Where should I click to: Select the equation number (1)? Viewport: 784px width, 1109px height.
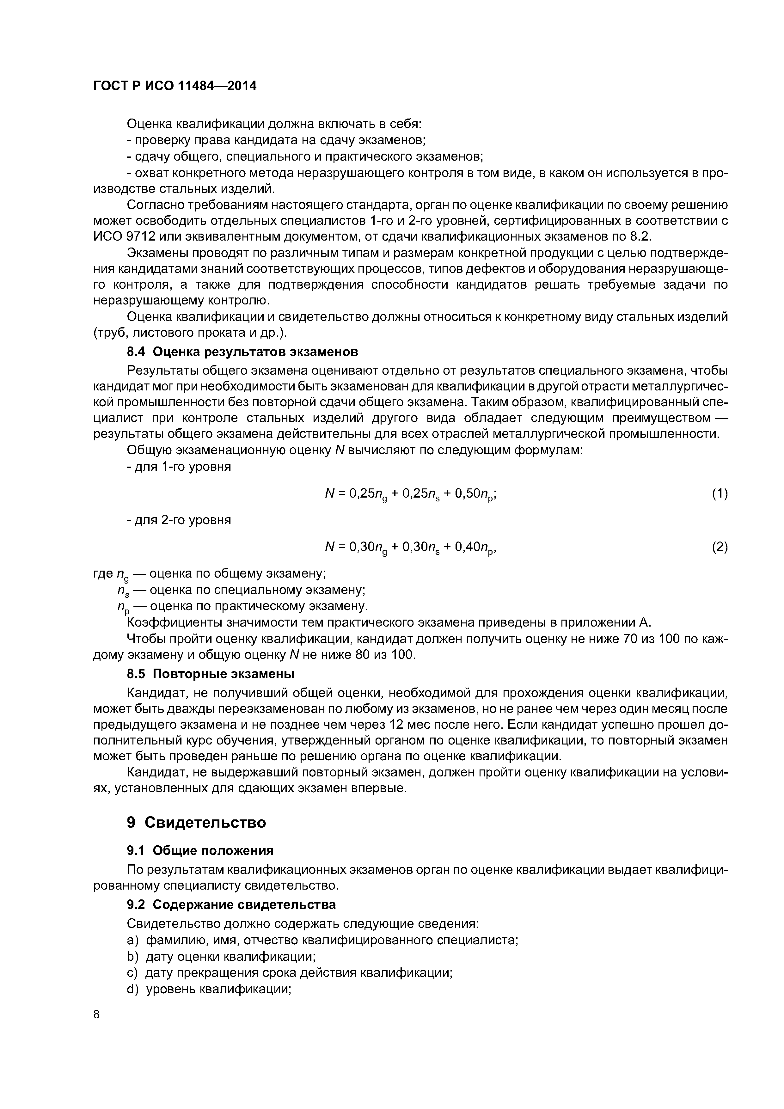(x=719, y=493)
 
